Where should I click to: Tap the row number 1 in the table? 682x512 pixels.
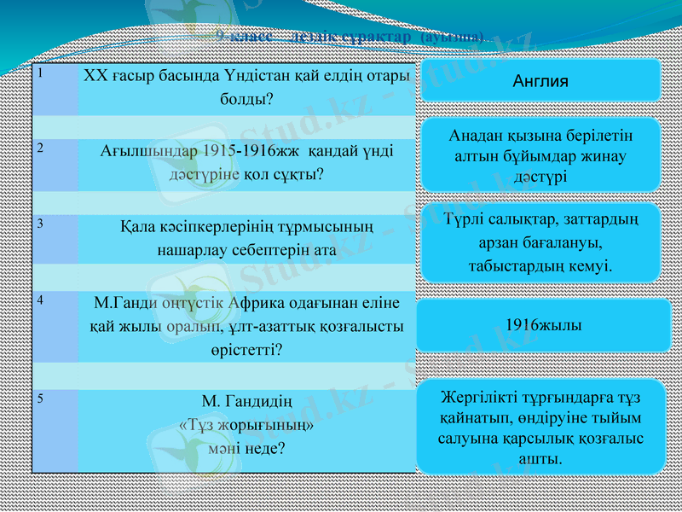tap(39, 73)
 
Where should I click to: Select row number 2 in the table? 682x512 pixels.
tap(39, 147)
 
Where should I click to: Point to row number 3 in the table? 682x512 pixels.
tap(39, 224)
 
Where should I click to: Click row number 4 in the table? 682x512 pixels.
tap(39, 300)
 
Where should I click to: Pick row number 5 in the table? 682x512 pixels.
tap(39, 398)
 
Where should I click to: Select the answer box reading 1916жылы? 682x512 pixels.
tap(539, 325)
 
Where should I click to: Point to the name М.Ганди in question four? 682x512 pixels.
tap(124, 302)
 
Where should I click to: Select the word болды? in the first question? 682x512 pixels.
tap(246, 99)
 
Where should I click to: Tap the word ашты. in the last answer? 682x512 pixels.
tap(540, 459)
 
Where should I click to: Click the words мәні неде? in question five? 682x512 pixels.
tap(246, 446)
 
